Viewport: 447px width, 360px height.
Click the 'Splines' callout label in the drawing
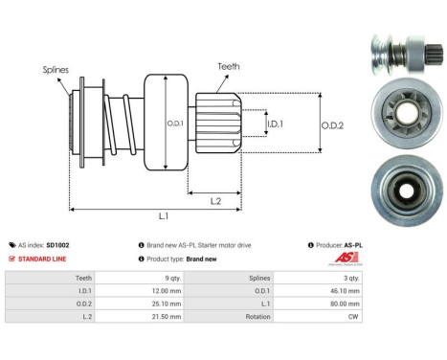55,70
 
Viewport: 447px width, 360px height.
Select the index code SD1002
58,246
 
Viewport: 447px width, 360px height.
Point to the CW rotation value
355,315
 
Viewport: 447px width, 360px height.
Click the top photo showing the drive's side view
401,51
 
